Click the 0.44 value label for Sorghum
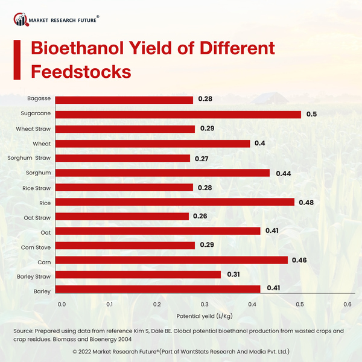coord(284,173)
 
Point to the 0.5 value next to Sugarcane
coord(311,114)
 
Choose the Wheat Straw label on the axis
coord(33,129)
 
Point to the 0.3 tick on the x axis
coord(205,305)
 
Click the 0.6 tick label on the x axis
coord(347,305)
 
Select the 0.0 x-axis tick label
coord(62,305)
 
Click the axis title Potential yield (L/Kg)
coord(204,316)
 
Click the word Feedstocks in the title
coord(81,71)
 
